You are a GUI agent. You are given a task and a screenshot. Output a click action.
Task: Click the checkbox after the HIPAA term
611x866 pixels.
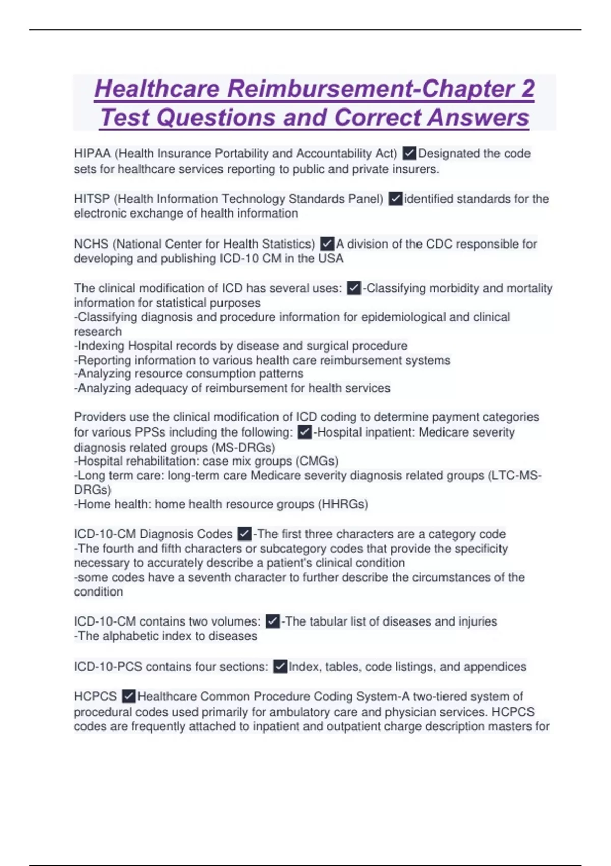coord(409,153)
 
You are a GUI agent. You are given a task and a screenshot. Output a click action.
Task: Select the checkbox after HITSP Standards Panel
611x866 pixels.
coord(395,199)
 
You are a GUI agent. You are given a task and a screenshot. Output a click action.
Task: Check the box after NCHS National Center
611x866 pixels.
coord(327,244)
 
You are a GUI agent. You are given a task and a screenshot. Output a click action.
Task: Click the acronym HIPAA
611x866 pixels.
coord(92,153)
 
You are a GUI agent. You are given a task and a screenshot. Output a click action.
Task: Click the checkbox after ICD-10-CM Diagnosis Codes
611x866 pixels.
coord(244,534)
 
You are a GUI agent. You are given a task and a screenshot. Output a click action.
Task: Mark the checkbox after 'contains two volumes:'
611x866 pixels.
coord(272,621)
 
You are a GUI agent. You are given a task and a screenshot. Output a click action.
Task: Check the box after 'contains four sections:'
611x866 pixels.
coord(280,666)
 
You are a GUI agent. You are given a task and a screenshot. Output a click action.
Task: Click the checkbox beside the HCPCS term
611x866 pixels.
coord(129,696)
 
